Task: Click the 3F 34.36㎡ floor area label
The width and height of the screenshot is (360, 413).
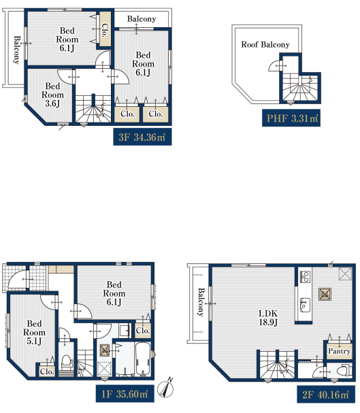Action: [142, 137]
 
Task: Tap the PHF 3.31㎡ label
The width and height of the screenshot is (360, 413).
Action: [291, 118]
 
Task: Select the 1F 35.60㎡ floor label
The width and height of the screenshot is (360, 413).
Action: [125, 394]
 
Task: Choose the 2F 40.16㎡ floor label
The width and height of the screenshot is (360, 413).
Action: [326, 395]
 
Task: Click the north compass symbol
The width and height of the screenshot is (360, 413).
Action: [165, 388]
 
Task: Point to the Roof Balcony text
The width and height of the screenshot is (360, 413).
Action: [265, 44]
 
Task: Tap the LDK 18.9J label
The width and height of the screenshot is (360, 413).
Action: [268, 318]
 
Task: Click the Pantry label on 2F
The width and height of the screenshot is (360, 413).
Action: [339, 351]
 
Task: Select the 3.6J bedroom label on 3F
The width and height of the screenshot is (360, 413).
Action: [52, 95]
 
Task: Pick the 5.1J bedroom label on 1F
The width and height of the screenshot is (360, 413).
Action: [34, 332]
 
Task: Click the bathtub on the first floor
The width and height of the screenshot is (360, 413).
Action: [144, 359]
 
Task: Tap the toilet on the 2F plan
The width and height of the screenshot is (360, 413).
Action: [344, 371]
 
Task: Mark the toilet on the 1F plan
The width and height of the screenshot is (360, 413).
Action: [67, 362]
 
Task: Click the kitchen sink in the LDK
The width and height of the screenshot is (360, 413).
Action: [305, 305]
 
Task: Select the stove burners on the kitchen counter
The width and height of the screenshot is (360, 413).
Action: [305, 276]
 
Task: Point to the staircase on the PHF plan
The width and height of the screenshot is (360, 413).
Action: [300, 87]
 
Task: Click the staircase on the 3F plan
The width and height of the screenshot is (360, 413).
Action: [93, 108]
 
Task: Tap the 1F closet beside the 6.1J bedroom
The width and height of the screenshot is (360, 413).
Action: [143, 330]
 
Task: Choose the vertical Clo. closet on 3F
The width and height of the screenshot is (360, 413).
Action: [105, 30]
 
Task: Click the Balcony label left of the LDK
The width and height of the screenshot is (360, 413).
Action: [201, 302]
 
